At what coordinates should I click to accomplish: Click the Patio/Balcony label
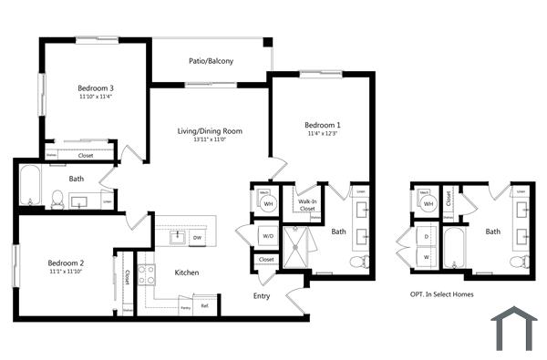click(211, 61)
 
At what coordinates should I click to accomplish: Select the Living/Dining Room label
click(210, 131)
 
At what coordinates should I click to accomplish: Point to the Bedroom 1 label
click(323, 125)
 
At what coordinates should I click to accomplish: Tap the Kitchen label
click(187, 273)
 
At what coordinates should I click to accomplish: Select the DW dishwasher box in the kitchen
click(197, 238)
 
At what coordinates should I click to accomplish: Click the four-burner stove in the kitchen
click(146, 274)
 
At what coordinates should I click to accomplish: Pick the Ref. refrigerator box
click(205, 306)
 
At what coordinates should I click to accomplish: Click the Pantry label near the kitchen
click(185, 309)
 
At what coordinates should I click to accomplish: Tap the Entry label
click(262, 295)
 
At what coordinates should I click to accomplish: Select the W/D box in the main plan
click(268, 237)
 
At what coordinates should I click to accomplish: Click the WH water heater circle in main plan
click(268, 203)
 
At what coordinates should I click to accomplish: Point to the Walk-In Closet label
click(308, 205)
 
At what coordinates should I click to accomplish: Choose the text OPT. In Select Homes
click(442, 294)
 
